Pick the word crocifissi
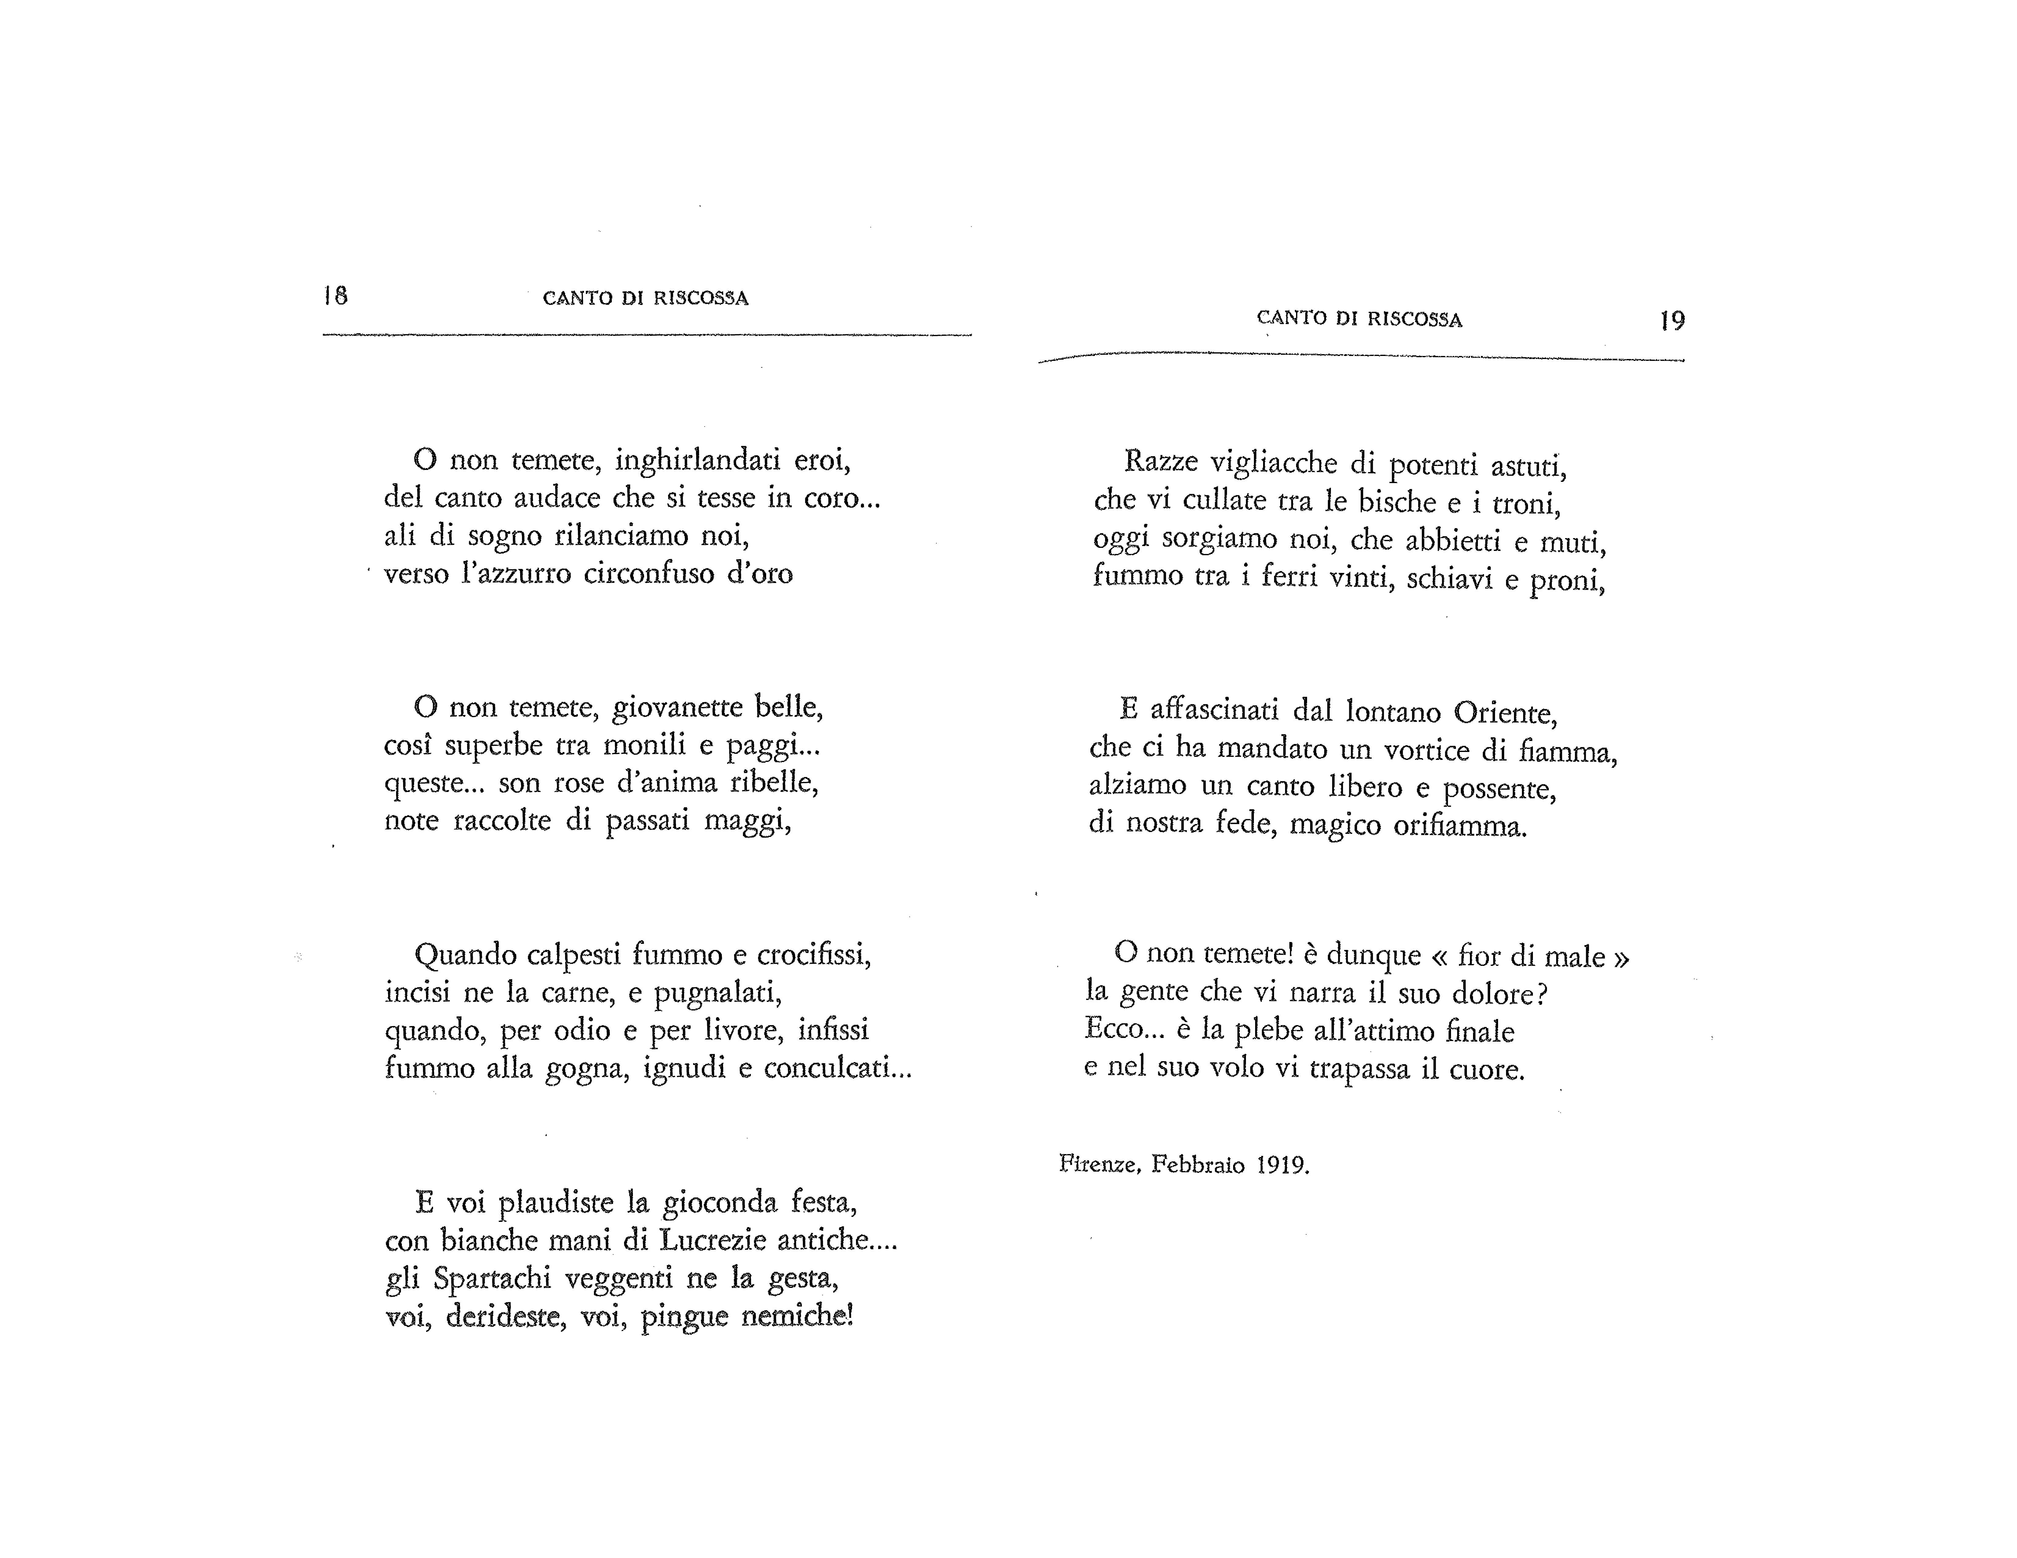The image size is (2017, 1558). coord(814,954)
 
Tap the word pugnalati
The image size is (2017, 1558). coord(718,993)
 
